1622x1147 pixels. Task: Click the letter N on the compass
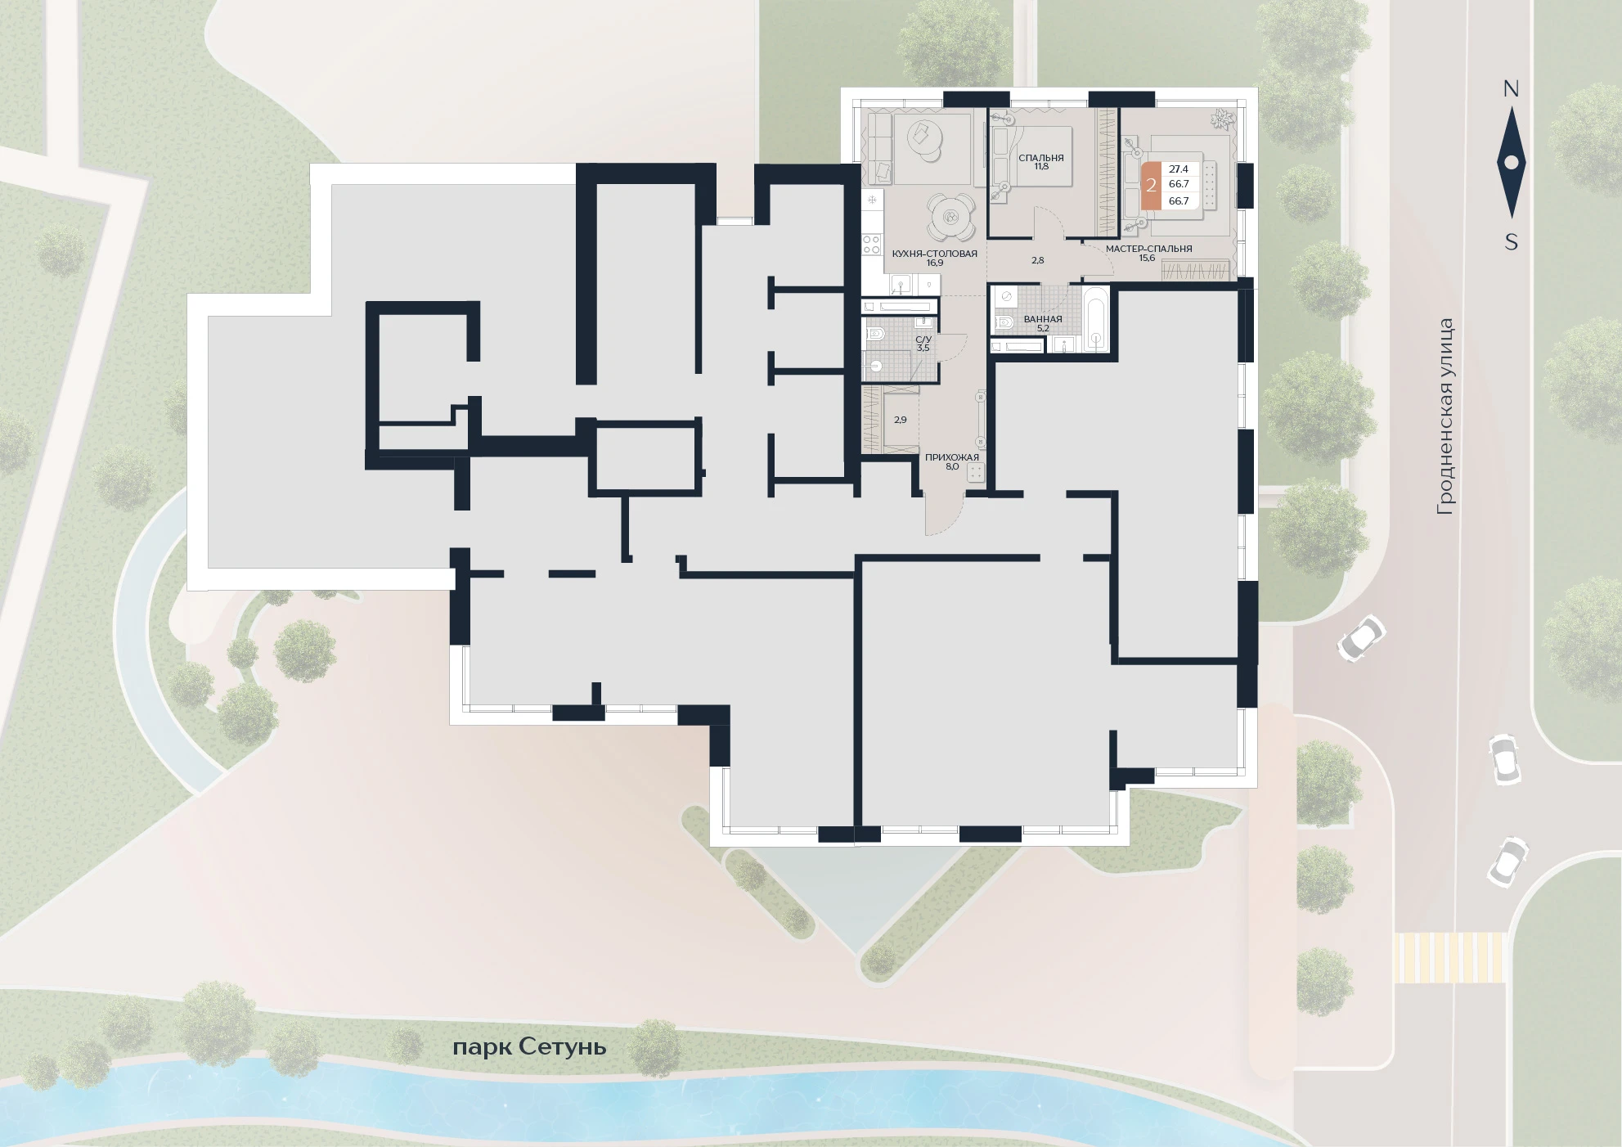[1511, 89]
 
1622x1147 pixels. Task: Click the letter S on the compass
[1511, 242]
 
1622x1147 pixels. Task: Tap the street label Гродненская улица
[1446, 417]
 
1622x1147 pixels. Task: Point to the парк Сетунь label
[529, 1047]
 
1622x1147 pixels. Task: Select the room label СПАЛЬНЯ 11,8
[1040, 162]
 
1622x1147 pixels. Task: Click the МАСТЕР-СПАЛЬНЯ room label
[1148, 253]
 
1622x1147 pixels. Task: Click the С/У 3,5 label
[923, 343]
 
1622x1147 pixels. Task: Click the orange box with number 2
[1151, 186]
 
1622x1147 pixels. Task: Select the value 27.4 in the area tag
[1179, 169]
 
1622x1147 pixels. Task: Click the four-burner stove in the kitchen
[872, 243]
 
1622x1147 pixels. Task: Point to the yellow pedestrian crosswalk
[1449, 957]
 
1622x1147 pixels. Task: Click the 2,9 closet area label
[900, 420]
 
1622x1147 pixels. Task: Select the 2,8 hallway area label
[1037, 260]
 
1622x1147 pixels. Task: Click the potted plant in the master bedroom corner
[1222, 119]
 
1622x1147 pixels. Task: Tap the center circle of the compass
[1511, 163]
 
